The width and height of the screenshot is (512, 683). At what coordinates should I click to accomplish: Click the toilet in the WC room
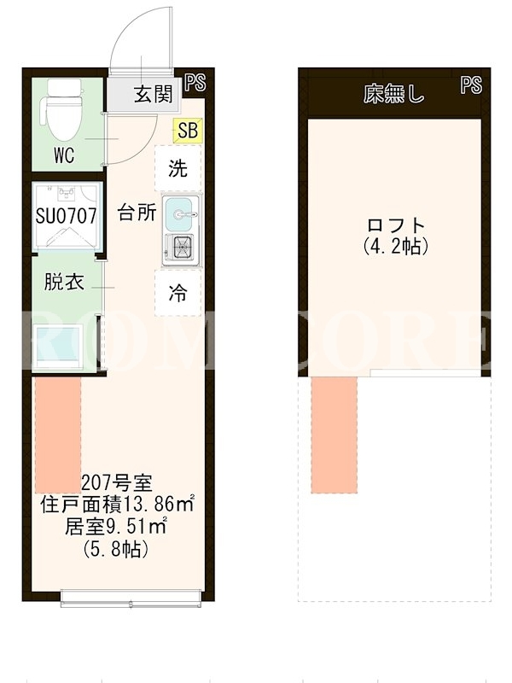pyautogui.click(x=61, y=112)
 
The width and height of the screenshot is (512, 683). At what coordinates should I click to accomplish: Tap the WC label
pyautogui.click(x=64, y=155)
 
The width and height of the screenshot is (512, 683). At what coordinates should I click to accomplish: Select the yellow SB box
pyautogui.click(x=188, y=131)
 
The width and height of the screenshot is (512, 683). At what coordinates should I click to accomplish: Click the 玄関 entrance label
pyautogui.click(x=154, y=94)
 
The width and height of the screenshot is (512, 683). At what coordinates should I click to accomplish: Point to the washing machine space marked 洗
pyautogui.click(x=178, y=167)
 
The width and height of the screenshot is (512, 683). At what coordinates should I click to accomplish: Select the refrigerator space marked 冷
pyautogui.click(x=178, y=293)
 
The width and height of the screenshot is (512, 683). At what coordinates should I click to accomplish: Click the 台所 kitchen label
pyautogui.click(x=137, y=213)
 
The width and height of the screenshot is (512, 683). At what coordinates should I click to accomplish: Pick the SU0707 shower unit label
pyautogui.click(x=67, y=216)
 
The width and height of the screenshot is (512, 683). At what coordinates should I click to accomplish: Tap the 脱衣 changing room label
pyautogui.click(x=64, y=283)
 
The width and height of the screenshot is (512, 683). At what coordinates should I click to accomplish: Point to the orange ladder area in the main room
pyautogui.click(x=58, y=435)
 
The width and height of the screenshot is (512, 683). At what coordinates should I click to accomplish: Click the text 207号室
pyautogui.click(x=117, y=482)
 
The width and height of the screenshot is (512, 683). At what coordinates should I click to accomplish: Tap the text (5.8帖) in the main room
pyautogui.click(x=116, y=549)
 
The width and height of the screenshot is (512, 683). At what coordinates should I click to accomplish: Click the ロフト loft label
pyautogui.click(x=396, y=225)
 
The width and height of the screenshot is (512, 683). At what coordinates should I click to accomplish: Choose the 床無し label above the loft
pyautogui.click(x=393, y=94)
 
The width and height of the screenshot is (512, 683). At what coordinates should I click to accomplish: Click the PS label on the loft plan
pyautogui.click(x=471, y=85)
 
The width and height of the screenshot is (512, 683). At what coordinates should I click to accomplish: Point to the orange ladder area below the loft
pyautogui.click(x=335, y=435)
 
